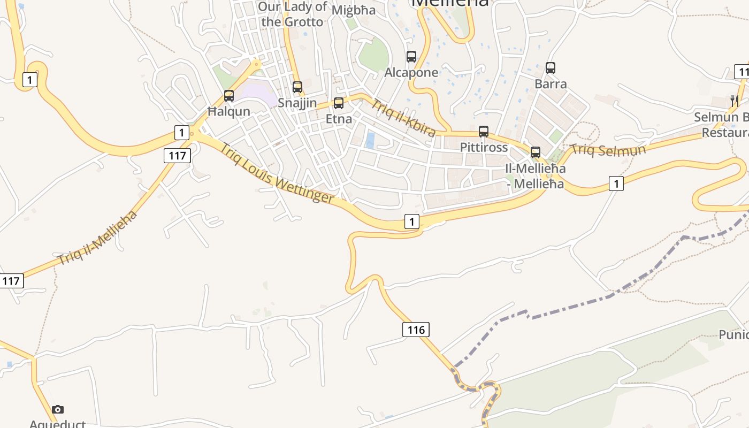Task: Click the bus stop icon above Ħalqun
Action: coord(229,96)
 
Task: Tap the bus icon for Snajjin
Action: coord(297,87)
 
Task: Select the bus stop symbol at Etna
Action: coord(339,103)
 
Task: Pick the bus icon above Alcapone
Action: coord(411,57)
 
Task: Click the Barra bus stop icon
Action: coord(551,68)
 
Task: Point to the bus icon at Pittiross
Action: coord(484,132)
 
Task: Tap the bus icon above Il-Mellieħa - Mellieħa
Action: coord(536,152)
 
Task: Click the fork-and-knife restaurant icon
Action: coord(735,101)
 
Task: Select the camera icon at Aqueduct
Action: coord(58,410)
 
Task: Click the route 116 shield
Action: coord(416,330)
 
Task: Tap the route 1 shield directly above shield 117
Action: coord(182,133)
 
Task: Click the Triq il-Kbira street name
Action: coord(403,118)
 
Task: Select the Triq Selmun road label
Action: coord(608,150)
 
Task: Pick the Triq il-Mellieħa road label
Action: coord(97,238)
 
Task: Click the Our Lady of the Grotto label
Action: coord(293,14)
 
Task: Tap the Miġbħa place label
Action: coord(354,10)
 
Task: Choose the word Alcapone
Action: coord(411,73)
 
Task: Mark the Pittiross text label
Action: coord(484,147)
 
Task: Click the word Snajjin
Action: coord(297,103)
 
